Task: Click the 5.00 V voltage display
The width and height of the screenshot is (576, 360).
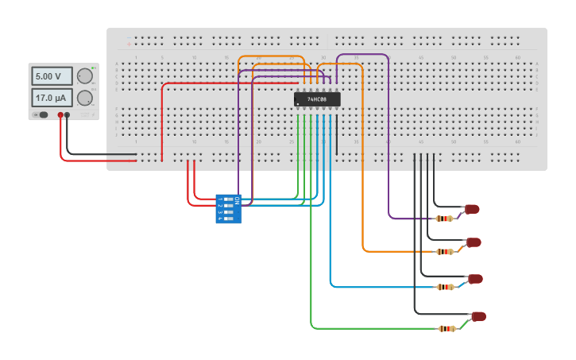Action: coord(52,76)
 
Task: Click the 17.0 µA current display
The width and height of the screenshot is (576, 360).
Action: coord(52,98)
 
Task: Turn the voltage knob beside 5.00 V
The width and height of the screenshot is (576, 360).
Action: coord(84,76)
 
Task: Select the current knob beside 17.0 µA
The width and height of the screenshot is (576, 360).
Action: coord(84,98)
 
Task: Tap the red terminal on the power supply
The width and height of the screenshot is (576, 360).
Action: coord(60,115)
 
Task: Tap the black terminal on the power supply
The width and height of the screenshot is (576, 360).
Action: coord(68,115)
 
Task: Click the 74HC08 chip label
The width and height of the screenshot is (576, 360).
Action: coord(317,99)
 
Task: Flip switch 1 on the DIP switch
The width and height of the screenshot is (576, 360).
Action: coord(229,199)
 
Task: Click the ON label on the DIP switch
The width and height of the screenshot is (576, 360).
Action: coord(237,199)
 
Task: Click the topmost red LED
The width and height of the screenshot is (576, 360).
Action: coord(472,209)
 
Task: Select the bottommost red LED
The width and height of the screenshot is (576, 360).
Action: coord(478,316)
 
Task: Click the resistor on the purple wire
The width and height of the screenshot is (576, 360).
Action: coord(444,219)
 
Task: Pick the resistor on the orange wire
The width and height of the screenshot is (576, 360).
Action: coord(445,252)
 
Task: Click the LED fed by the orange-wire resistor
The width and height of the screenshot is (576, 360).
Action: coord(474,242)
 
